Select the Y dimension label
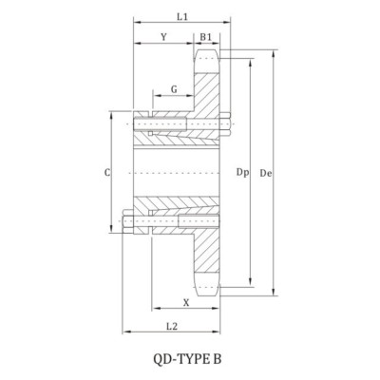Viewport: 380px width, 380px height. (164, 37)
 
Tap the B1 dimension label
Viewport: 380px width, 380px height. (206, 37)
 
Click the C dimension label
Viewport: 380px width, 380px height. (107, 174)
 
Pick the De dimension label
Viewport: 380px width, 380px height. (268, 173)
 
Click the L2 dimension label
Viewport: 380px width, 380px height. (172, 325)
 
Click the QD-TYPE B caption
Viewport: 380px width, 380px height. (191, 360)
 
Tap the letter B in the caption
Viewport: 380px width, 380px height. (224, 360)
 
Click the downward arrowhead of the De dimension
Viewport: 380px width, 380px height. (275, 295)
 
